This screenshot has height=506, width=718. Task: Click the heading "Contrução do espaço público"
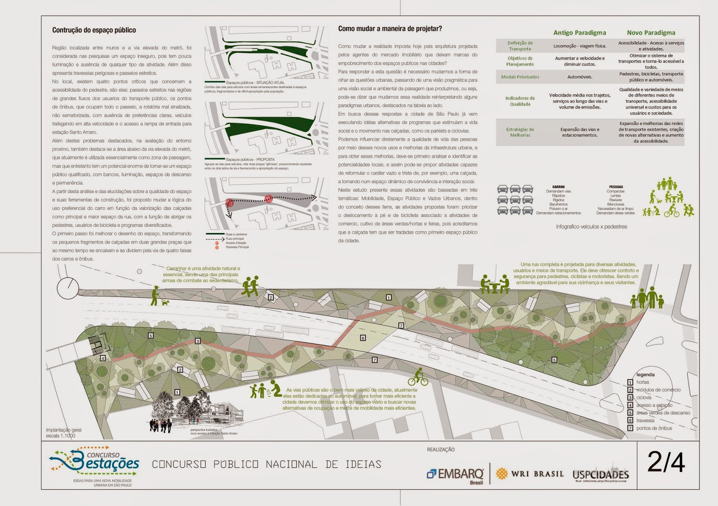(x=94, y=30)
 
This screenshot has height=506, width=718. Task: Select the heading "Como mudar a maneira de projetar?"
(x=390, y=29)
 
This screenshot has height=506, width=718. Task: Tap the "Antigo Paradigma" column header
(x=579, y=33)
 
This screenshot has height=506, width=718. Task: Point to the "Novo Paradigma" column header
(x=651, y=33)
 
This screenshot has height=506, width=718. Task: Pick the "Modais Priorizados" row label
(x=520, y=77)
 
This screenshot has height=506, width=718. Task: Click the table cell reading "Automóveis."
(x=579, y=77)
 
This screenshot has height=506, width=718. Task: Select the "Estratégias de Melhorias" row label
(x=520, y=132)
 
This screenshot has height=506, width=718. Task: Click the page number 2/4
(x=666, y=462)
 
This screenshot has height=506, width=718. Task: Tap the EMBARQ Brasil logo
(x=455, y=475)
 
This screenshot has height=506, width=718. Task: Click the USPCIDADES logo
(x=600, y=475)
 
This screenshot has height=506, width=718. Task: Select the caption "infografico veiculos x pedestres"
(x=591, y=227)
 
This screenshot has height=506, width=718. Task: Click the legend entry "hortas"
(x=643, y=382)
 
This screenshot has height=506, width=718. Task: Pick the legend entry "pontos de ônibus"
(x=654, y=428)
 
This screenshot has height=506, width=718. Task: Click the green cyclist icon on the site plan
(x=418, y=378)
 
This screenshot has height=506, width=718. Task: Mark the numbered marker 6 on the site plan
(x=363, y=338)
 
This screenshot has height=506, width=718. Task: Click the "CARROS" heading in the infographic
(x=558, y=187)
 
